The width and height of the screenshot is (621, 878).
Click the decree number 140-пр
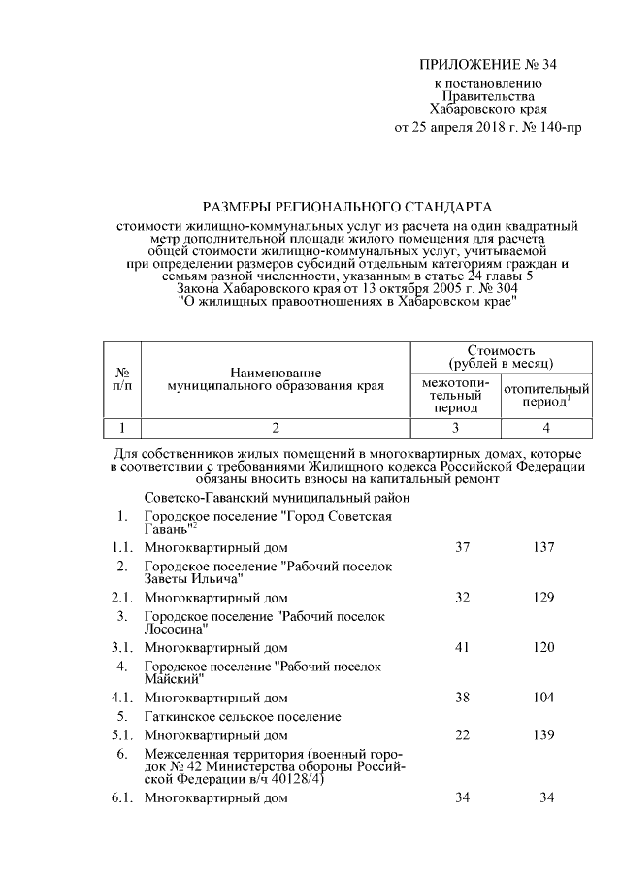[x=557, y=127]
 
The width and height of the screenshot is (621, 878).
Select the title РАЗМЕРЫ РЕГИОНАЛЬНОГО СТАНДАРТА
[x=346, y=207]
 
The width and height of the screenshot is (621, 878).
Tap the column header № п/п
[x=122, y=378]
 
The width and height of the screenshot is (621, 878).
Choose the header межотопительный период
[x=455, y=395]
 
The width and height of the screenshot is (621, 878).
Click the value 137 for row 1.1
[x=543, y=547]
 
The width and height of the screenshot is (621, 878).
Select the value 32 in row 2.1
[x=462, y=597]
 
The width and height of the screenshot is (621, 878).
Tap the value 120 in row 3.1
[x=543, y=646]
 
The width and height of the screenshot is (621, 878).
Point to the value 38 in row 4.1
[x=462, y=697]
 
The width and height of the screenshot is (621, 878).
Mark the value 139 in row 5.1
[x=543, y=736]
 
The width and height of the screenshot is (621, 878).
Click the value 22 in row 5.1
[x=462, y=736]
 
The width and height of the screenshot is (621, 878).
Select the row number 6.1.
[x=121, y=798]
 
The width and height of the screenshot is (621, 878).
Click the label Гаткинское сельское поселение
[x=243, y=717]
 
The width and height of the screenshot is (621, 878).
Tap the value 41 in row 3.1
[x=462, y=646]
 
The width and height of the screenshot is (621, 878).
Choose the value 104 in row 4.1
[x=543, y=697]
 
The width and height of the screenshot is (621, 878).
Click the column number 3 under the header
[x=455, y=427]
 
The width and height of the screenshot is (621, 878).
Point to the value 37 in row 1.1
[x=462, y=547]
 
